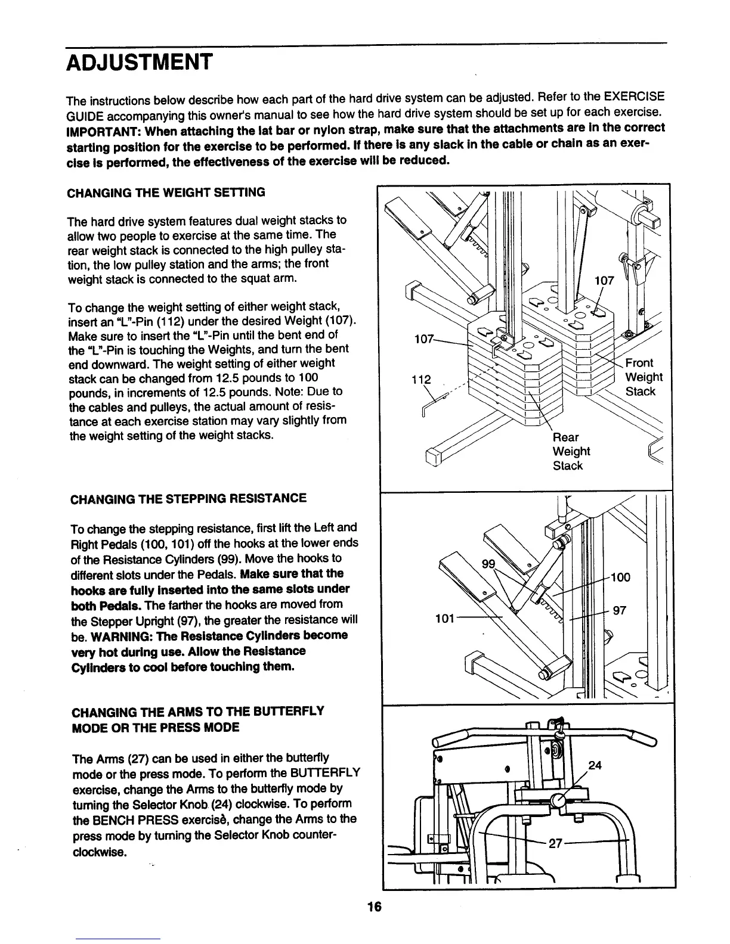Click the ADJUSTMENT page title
(138, 62)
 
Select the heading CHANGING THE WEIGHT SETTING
(166, 192)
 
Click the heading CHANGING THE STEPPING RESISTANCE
(188, 498)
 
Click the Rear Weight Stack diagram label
(571, 451)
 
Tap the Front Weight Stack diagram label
(643, 377)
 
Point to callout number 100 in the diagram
(620, 577)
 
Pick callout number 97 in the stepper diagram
(619, 610)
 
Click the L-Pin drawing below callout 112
(431, 405)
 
